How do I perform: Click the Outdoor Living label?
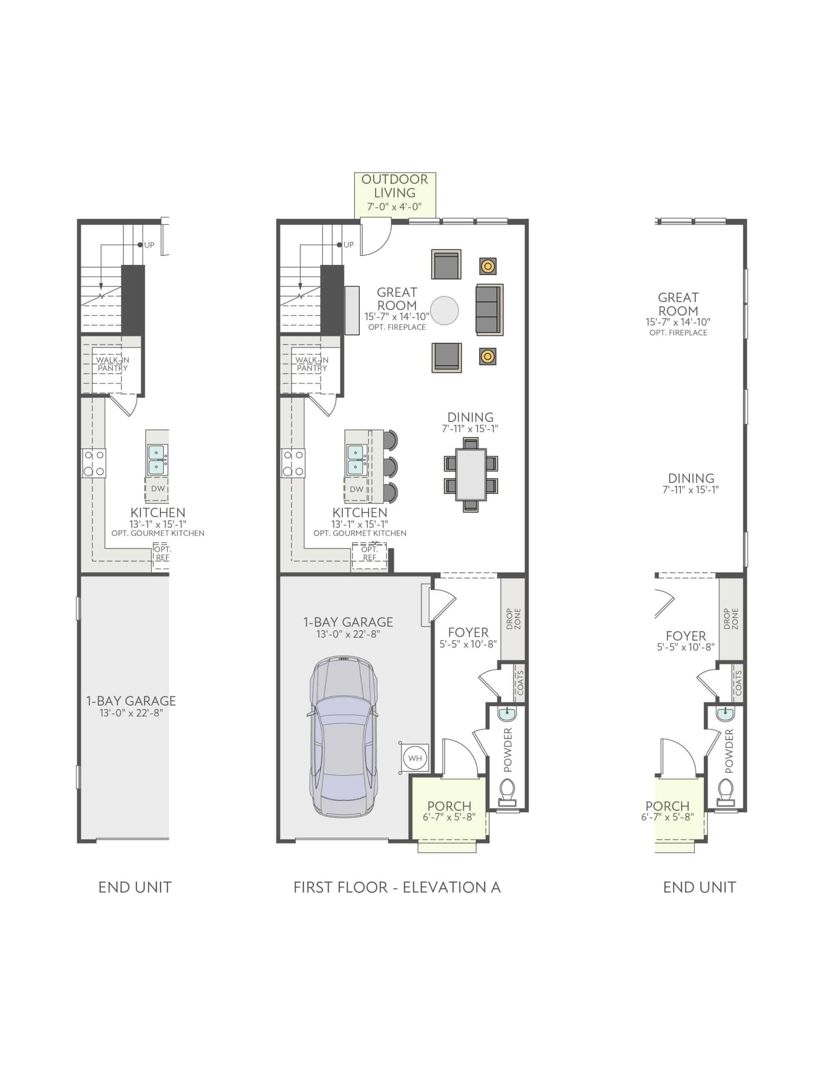[394, 187]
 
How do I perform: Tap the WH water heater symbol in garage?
[414, 758]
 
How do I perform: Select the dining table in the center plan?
[471, 474]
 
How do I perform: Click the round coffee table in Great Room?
[445, 310]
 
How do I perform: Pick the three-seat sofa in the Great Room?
[489, 309]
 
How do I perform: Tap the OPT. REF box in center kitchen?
[369, 553]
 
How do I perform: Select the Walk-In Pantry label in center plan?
[312, 364]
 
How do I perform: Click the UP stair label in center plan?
[348, 245]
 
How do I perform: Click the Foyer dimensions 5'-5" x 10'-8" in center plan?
[468, 644]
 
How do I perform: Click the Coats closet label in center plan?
[520, 683]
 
